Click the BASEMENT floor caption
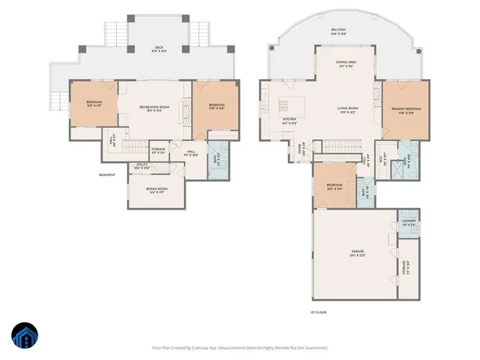coord(108,174)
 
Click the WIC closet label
coord(384,157)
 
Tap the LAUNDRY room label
coord(408,223)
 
